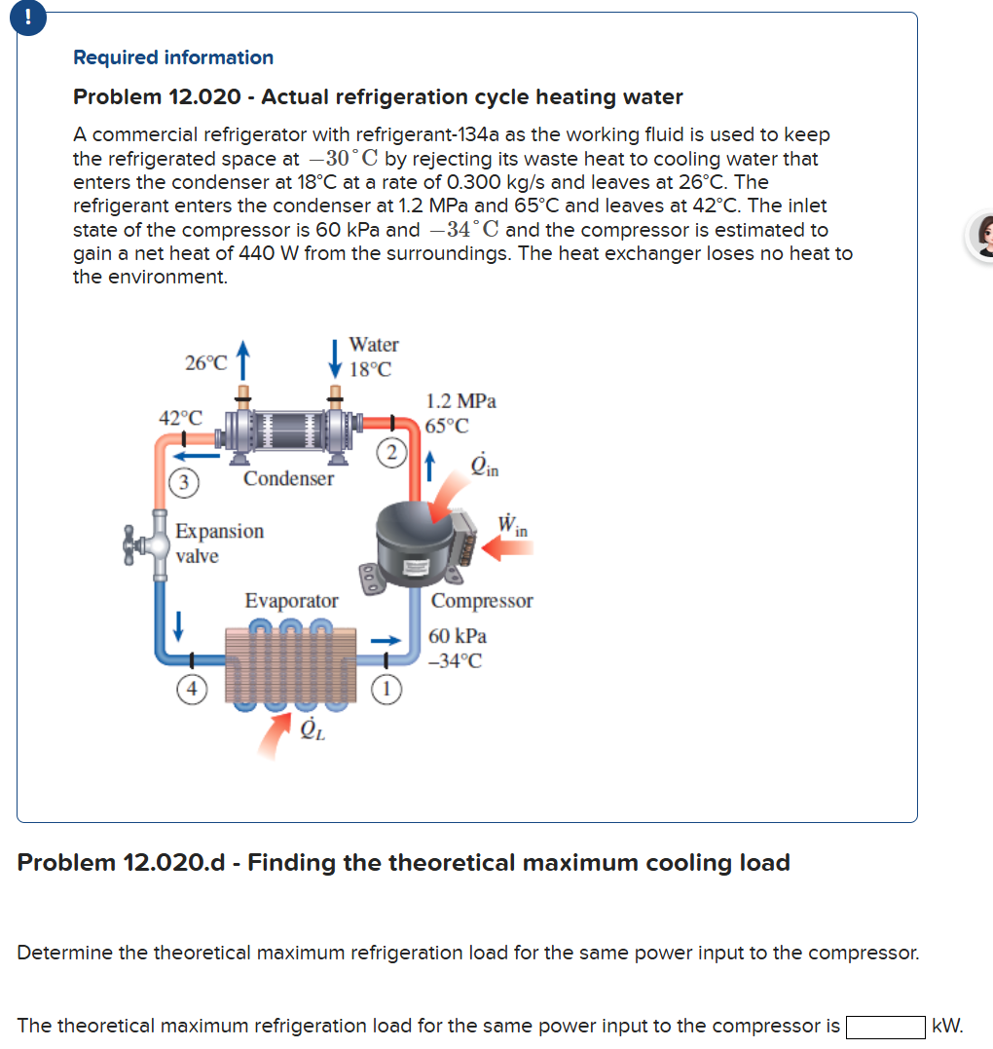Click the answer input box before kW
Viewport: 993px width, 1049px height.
coord(885,1027)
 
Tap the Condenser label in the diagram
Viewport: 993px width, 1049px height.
coord(288,479)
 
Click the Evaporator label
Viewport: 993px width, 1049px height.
coord(291,601)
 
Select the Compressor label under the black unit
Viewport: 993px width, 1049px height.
coord(482,601)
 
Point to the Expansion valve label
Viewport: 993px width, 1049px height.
coord(219,543)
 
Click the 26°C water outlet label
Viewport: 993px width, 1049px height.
coord(205,363)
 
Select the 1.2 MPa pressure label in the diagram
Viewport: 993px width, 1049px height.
coord(460,401)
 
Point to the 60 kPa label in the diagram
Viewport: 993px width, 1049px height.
coord(458,636)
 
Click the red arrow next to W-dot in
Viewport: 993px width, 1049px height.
coord(508,550)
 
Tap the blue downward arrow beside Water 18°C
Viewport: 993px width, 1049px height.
coord(336,356)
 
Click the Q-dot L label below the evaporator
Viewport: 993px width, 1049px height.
coord(313,730)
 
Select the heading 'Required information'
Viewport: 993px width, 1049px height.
coord(173,57)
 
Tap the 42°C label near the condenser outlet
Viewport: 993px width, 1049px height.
coord(181,418)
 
